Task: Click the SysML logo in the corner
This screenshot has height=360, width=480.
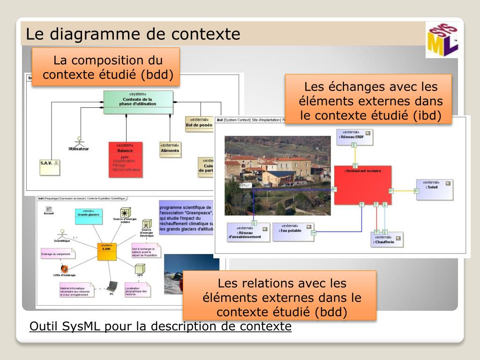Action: pyautogui.click(x=442, y=40)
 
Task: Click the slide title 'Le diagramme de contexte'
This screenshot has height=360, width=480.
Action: pyautogui.click(x=133, y=34)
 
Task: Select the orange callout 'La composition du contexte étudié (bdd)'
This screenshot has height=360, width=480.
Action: pyautogui.click(x=105, y=67)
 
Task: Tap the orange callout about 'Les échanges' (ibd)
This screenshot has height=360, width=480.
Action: pyautogui.click(x=368, y=100)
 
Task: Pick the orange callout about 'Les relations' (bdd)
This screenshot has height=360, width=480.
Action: pyautogui.click(x=279, y=297)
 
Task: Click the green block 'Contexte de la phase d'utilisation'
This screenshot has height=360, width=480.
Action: pyautogui.click(x=137, y=102)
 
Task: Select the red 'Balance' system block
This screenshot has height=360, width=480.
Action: pyautogui.click(x=125, y=159)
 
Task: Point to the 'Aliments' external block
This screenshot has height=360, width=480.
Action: pyautogui.click(x=170, y=149)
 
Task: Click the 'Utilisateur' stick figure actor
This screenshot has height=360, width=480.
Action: pyautogui.click(x=79, y=143)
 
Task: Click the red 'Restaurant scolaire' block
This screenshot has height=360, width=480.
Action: pyautogui.click(x=362, y=185)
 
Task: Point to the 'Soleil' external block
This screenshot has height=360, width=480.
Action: pyautogui.click(x=435, y=189)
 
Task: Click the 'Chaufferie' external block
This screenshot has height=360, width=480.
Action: pyautogui.click(x=386, y=240)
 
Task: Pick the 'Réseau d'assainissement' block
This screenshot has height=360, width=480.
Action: pyautogui.click(x=248, y=232)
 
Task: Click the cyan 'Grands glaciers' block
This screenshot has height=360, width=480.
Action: pyautogui.click(x=89, y=216)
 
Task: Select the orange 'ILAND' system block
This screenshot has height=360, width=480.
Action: pyautogui.click(x=106, y=252)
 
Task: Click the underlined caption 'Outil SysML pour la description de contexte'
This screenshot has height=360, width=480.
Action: pyautogui.click(x=160, y=326)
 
